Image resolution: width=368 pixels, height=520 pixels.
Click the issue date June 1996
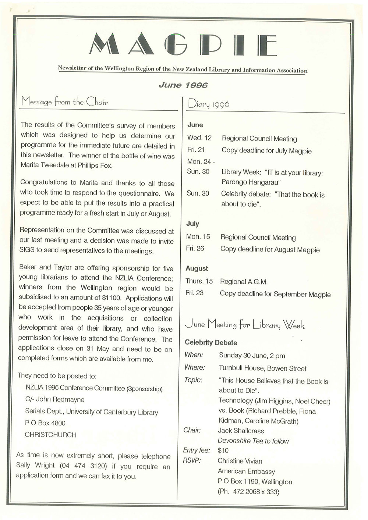183,85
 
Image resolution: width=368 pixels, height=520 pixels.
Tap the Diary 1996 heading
209,104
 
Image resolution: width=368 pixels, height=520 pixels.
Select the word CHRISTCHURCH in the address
51,435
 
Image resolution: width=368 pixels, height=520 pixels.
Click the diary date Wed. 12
199,138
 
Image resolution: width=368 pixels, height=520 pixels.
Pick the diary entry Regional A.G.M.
244,282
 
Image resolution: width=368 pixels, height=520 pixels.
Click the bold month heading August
197,268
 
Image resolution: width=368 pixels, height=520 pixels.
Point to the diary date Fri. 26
195,249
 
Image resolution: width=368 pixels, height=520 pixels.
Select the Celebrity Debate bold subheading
211,343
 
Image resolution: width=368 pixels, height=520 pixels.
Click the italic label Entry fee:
197,450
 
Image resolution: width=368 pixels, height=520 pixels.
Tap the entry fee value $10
223,450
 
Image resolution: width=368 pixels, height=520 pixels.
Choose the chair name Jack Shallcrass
241,431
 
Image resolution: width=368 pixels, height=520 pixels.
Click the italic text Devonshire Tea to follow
253,441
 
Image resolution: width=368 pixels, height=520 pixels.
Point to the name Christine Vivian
240,461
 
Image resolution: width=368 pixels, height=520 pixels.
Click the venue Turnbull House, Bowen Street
262,368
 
